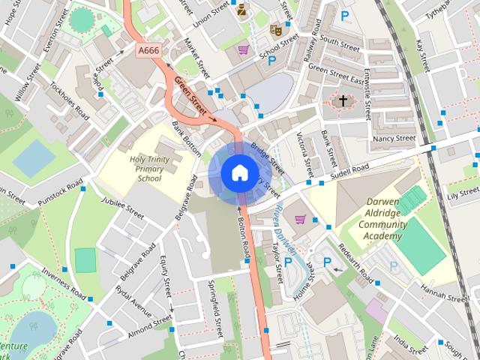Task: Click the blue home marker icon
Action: (x=238, y=173)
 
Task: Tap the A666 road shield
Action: (x=148, y=49)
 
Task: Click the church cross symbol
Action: (x=343, y=100)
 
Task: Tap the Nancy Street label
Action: (x=394, y=139)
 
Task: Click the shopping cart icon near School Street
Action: (x=244, y=50)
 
